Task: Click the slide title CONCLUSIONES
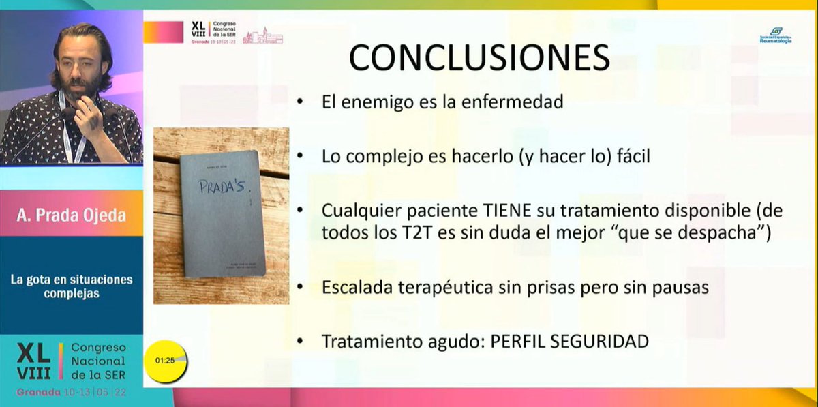(479, 57)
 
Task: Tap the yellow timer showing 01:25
(165, 360)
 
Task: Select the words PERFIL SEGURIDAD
(570, 341)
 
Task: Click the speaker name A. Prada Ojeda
(72, 215)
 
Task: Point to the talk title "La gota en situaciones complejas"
(72, 286)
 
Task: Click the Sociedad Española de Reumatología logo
(776, 35)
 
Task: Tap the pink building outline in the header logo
(262, 35)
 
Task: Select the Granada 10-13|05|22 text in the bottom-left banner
(72, 393)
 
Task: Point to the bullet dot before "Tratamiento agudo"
(301, 341)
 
